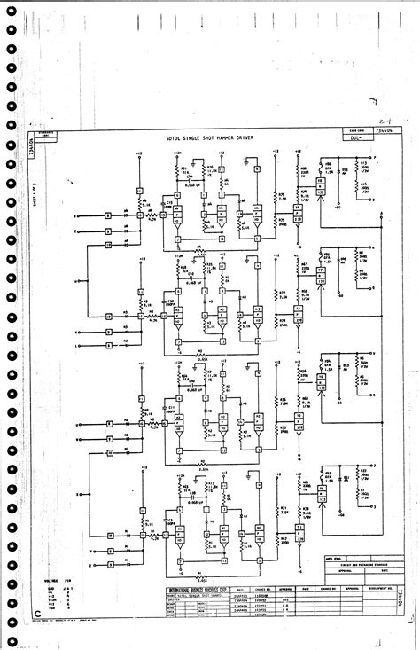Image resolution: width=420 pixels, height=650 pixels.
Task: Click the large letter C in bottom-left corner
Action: (37, 612)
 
